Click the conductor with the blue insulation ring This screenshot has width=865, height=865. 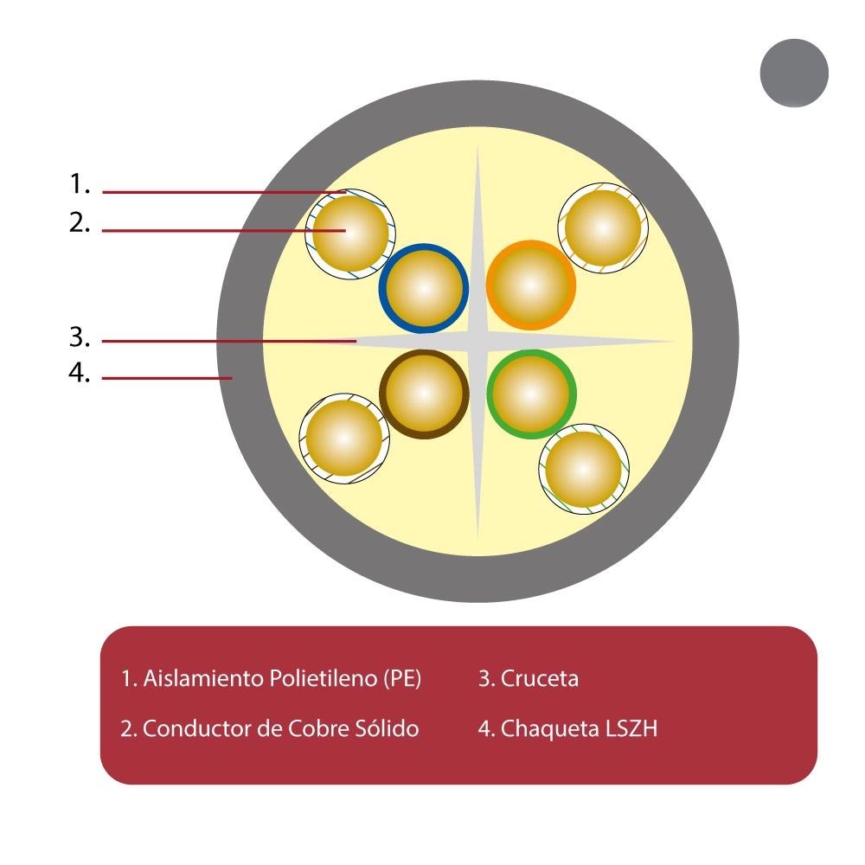(424, 289)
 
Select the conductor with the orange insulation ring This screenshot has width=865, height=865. (531, 285)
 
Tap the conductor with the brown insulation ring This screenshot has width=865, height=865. (424, 394)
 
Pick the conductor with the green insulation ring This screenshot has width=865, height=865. (531, 394)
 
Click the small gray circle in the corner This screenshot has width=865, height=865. (794, 73)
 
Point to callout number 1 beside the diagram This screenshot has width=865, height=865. (80, 183)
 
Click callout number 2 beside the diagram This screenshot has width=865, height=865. (80, 222)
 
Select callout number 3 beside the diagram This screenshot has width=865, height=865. (80, 337)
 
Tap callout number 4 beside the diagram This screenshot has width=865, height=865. (80, 373)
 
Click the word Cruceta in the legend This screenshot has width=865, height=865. (539, 678)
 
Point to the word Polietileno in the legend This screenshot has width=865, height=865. (324, 678)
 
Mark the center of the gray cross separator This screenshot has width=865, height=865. (477, 342)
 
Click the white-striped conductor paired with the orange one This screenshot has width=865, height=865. (603, 227)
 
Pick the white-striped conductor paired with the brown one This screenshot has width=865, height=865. (344, 439)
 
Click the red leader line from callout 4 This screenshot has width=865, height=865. (167, 378)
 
